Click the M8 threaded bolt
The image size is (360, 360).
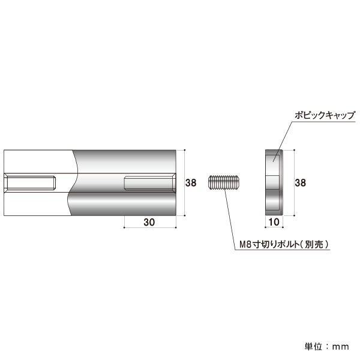coord(224,183)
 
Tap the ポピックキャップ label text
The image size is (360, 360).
coord(325,115)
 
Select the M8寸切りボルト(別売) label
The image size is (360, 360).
coord(284,244)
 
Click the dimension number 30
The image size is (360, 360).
coord(149,222)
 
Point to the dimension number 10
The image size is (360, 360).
coord(274,222)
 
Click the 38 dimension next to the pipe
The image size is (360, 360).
coord(191,183)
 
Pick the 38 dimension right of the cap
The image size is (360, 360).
coord(301,183)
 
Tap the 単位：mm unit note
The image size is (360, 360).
coord(327,346)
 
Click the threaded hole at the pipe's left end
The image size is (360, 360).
coord(30,183)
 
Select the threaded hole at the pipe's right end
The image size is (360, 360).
coord(150,183)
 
